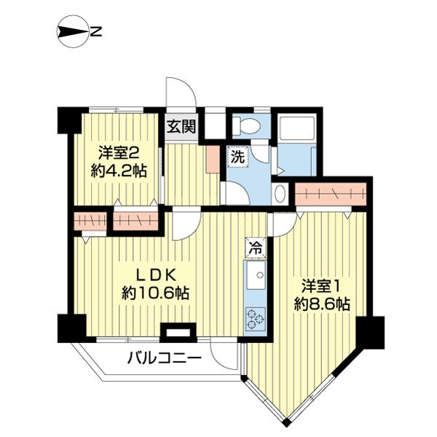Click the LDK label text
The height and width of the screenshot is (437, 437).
point(154,275)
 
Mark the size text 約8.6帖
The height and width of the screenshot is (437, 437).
point(319,304)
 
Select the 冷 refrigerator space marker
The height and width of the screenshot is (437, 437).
point(256,248)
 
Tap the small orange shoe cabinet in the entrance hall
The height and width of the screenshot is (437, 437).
point(211,159)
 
